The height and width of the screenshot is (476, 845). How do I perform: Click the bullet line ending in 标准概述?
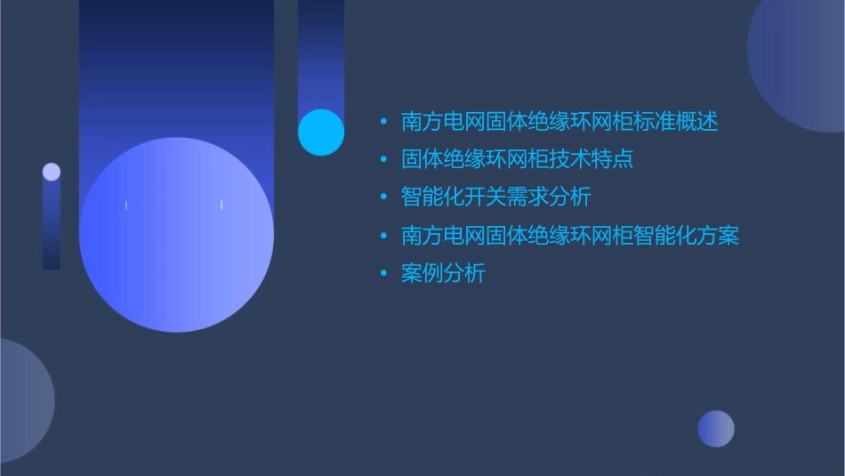pos(559,122)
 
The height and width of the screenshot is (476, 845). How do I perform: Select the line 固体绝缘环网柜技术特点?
pos(517,160)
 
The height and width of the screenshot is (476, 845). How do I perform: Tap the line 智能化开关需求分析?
pos(495,198)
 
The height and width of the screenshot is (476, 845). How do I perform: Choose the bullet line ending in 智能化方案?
pos(569,236)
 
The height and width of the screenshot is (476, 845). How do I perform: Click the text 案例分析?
pos(443,274)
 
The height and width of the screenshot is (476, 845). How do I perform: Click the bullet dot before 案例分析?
pos(383,274)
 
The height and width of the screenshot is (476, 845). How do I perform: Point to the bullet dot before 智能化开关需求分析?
pos(383,198)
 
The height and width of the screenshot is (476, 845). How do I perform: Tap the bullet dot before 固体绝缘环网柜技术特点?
pos(383,160)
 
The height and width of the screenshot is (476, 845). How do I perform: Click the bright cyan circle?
pos(321,133)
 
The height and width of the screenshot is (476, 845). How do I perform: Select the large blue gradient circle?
pos(176,235)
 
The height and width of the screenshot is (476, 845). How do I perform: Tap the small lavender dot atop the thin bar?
pos(52,172)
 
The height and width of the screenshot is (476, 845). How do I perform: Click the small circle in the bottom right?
pos(716,429)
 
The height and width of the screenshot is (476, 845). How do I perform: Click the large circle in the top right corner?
pos(801,67)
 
